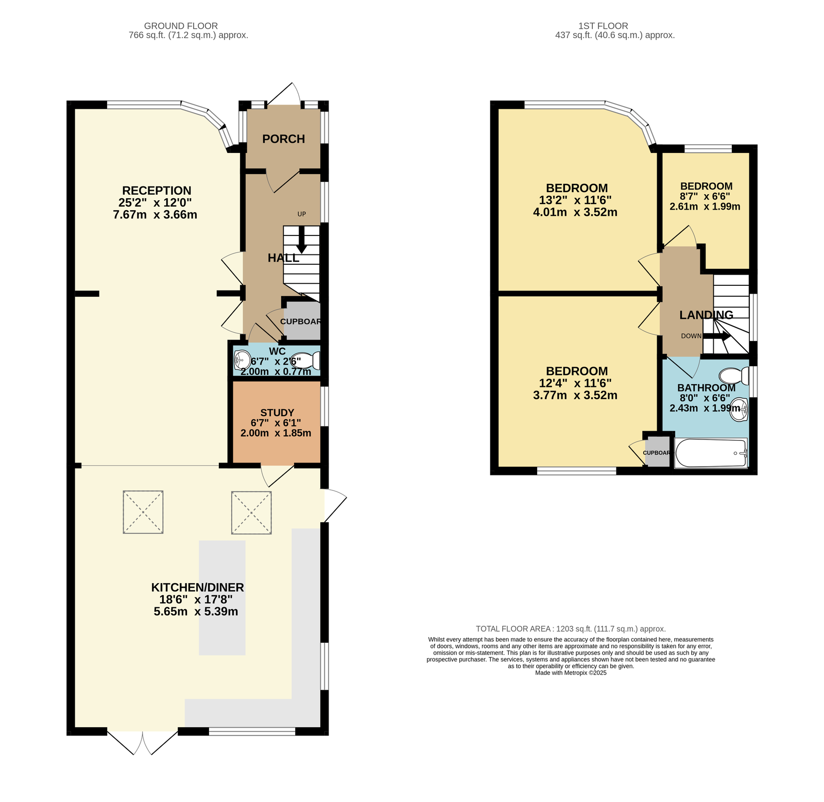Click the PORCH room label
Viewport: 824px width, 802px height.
pos(283,139)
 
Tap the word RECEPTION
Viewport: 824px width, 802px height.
pos(157,191)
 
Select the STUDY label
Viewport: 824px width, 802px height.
pos(277,413)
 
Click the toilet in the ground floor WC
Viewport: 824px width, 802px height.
pos(308,361)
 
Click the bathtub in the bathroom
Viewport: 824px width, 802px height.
pos(711,453)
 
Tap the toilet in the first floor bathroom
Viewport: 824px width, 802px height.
pos(734,376)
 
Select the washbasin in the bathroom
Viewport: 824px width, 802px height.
pos(739,410)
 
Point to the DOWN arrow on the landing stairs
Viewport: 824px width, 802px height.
pos(717,336)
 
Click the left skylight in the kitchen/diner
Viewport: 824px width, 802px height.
pos(143,512)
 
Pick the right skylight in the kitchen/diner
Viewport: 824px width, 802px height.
pos(251,513)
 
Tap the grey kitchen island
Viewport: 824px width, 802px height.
pos(222,598)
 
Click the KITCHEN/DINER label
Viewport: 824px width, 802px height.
pos(198,588)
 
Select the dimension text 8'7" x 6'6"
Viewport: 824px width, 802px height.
pos(705,196)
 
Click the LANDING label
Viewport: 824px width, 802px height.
pos(706,315)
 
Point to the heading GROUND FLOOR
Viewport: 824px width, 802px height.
pos(181,26)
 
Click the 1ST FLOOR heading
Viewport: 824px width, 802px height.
pos(603,26)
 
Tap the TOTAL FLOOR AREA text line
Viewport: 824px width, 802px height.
pos(571,629)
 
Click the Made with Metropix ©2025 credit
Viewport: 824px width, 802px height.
pos(571,673)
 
